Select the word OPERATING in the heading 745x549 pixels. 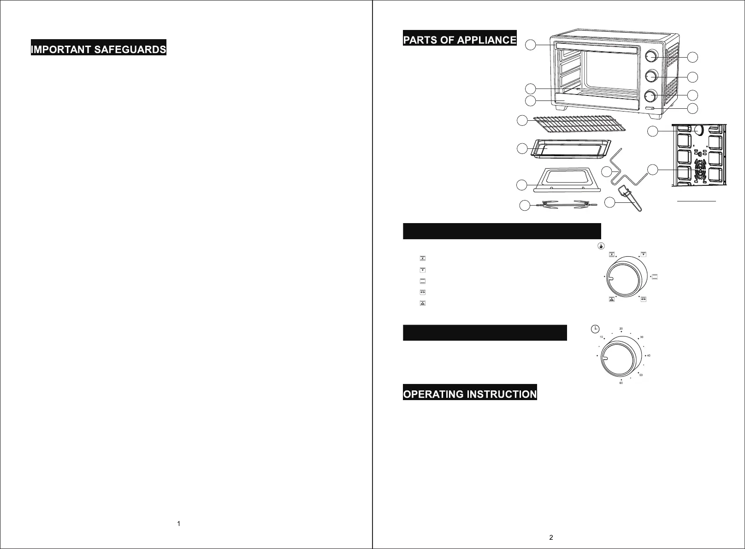pos(433,395)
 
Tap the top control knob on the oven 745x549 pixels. pos(650,56)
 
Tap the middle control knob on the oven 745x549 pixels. pos(650,75)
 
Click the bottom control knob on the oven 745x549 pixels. pos(650,95)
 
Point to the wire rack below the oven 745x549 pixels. pos(574,125)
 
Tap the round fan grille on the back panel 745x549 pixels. pos(699,170)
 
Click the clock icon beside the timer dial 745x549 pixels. pos(595,329)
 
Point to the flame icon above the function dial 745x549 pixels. pos(601,246)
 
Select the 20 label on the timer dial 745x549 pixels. pos(621,329)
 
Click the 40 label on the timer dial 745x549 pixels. pos(649,355)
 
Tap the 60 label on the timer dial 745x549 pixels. pos(621,383)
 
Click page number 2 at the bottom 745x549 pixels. pos(551,537)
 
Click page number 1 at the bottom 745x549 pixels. pos(179,524)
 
